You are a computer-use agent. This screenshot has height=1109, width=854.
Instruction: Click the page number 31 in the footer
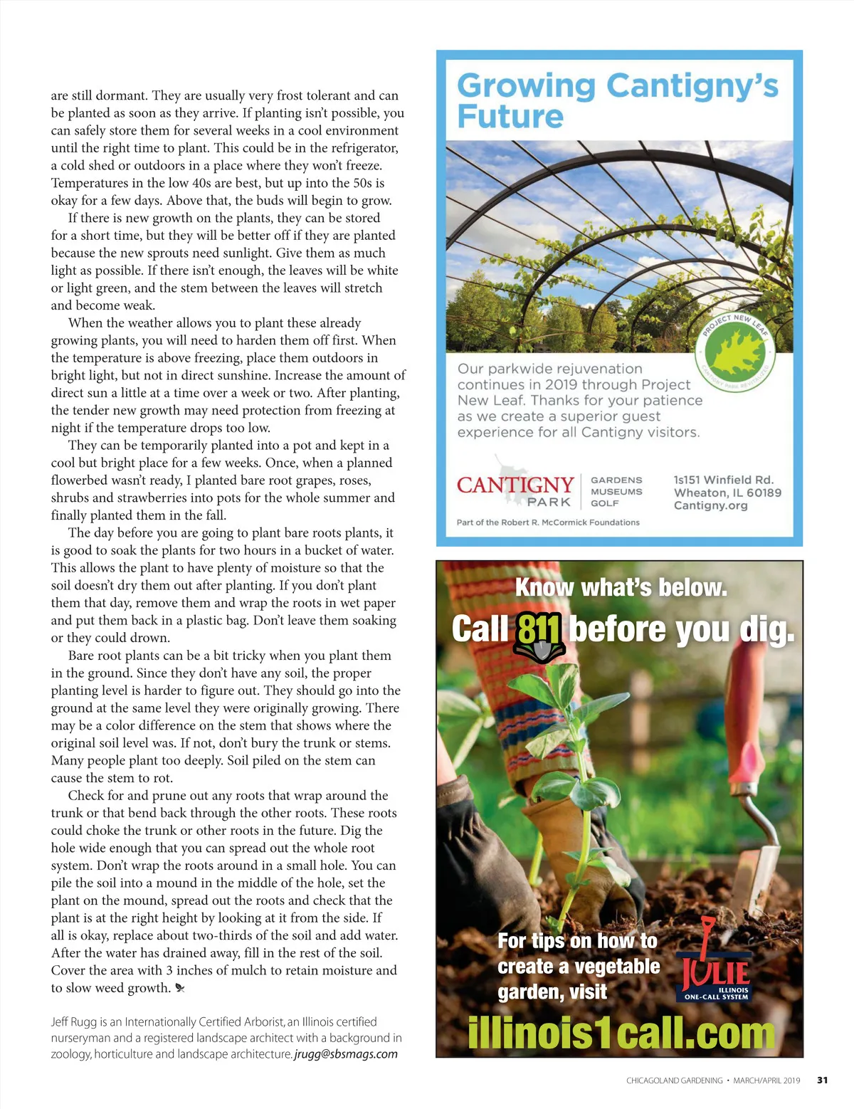(x=822, y=1080)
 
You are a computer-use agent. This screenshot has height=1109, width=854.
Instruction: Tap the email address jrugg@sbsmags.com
(x=346, y=1054)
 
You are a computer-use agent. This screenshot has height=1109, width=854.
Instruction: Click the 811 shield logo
(x=539, y=636)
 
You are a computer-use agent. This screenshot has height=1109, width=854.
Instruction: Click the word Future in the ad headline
(x=510, y=116)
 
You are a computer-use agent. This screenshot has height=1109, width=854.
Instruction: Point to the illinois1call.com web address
(x=621, y=1033)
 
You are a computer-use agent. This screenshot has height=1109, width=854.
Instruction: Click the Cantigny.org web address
(x=710, y=505)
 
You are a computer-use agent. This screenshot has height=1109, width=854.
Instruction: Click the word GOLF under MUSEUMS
(x=604, y=503)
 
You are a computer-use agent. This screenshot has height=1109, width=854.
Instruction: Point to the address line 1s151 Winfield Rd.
(x=723, y=480)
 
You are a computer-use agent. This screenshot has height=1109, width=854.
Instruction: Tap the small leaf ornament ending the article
(x=180, y=988)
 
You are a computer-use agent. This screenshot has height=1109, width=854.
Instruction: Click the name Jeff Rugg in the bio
(x=73, y=1022)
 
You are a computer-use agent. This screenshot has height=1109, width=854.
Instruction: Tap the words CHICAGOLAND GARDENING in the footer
(x=674, y=1081)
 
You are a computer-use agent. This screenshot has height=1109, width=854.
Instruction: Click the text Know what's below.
(x=621, y=588)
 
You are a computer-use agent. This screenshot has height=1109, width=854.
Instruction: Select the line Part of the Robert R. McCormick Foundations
(x=548, y=522)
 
